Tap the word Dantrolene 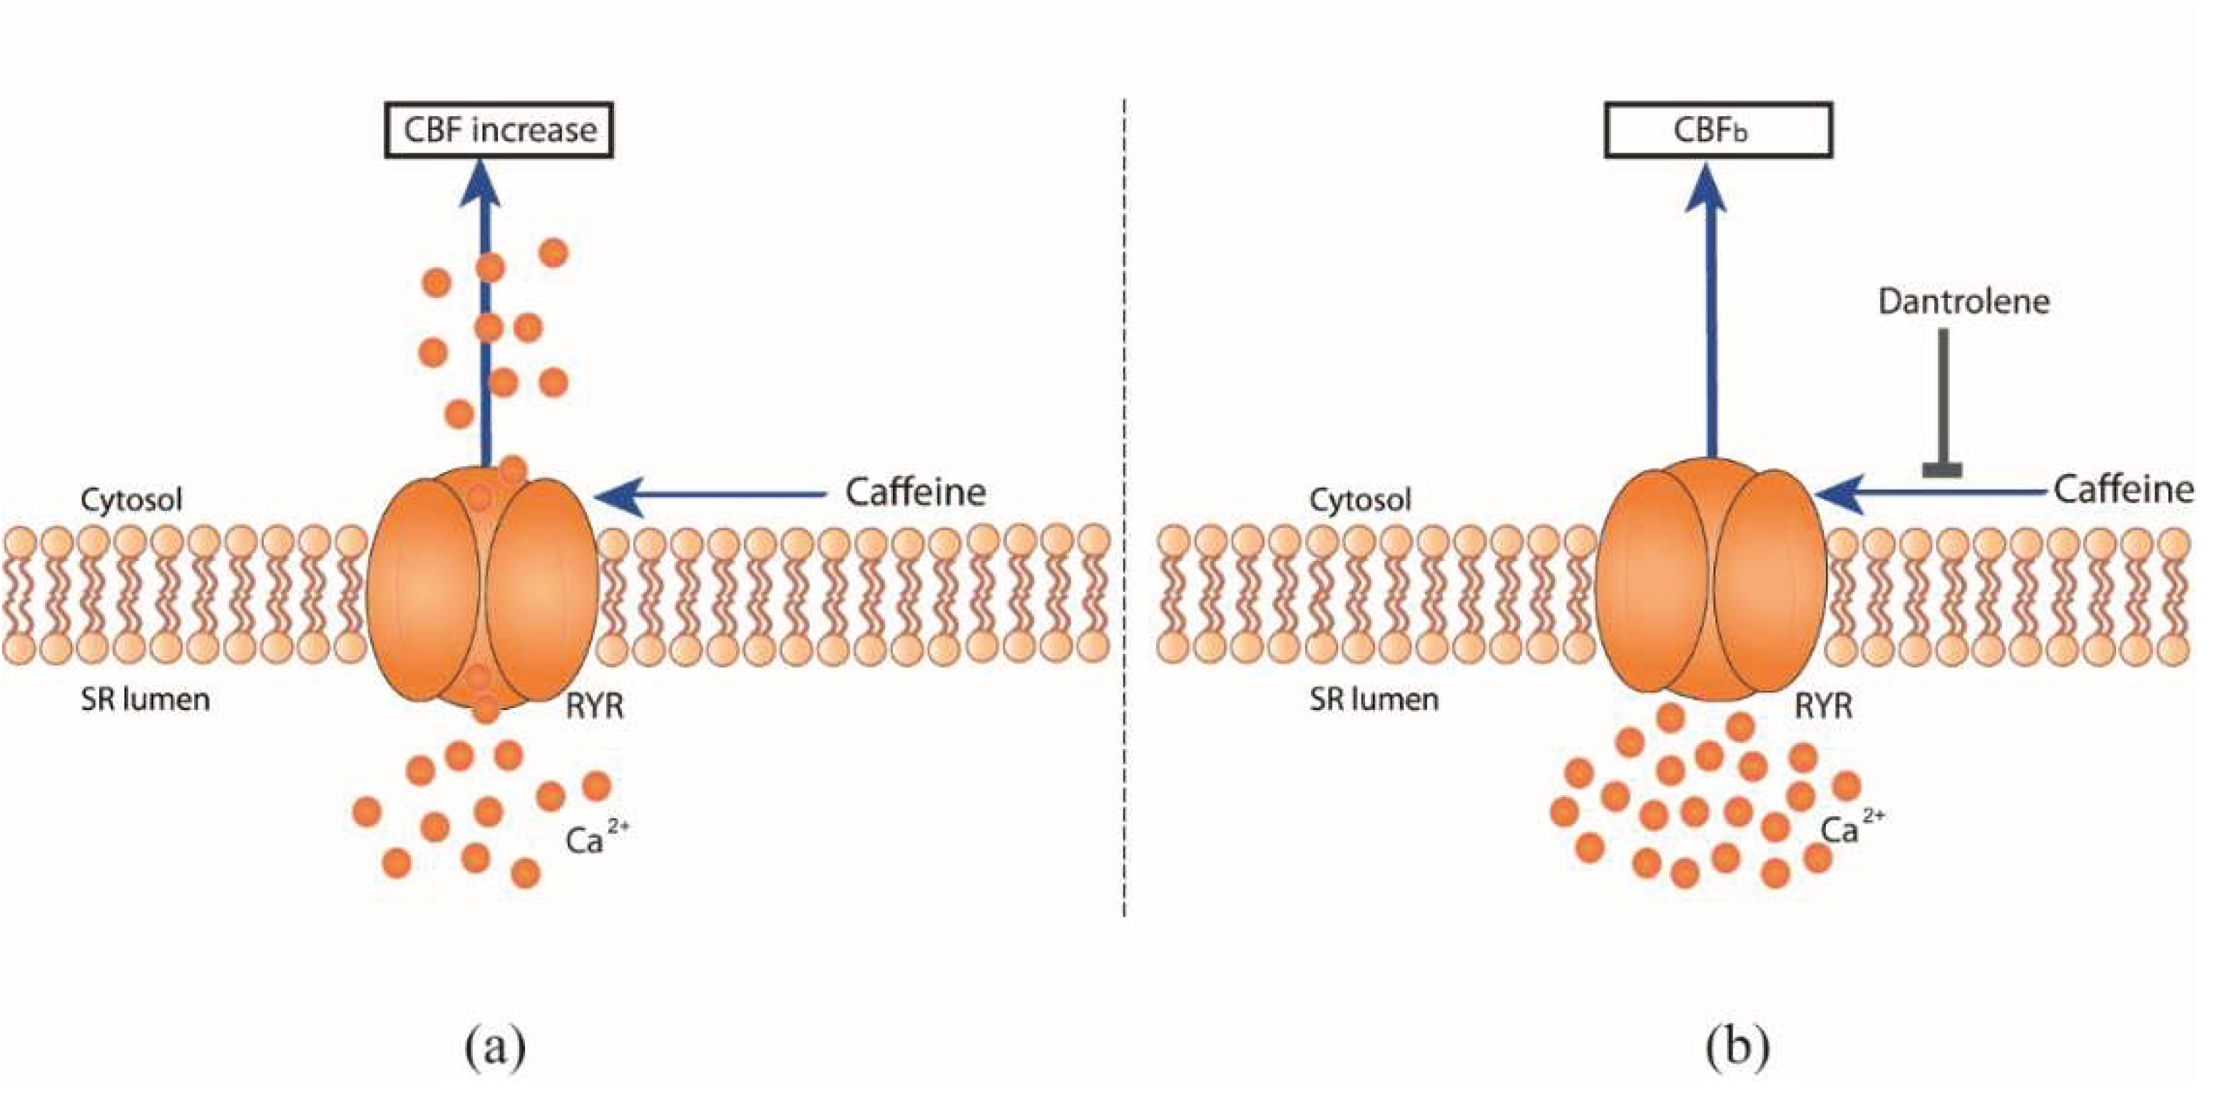[1963, 302]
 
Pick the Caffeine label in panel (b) [2123, 490]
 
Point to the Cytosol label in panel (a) [132, 500]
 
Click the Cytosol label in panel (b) [1360, 500]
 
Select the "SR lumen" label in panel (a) [145, 700]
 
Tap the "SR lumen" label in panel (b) [1374, 700]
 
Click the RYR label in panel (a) [594, 707]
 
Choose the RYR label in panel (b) [1823, 707]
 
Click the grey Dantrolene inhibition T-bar [1942, 404]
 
